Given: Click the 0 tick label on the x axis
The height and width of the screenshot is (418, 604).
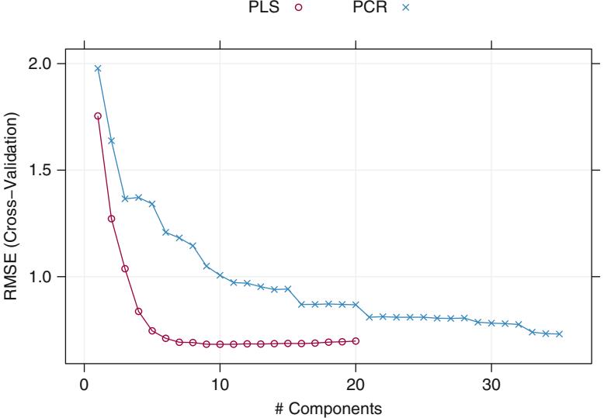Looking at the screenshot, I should [x=85, y=385].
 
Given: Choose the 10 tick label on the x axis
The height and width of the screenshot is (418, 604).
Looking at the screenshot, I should [x=220, y=385].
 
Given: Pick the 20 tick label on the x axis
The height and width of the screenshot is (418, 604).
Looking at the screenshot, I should [x=356, y=385].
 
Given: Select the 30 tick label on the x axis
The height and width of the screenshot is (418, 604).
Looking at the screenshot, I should [x=491, y=385].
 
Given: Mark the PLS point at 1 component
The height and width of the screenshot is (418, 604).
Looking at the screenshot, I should [x=98, y=116].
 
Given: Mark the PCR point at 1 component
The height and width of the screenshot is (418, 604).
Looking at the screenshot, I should [x=98, y=68].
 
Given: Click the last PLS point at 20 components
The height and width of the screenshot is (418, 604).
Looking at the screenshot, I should [x=356, y=340].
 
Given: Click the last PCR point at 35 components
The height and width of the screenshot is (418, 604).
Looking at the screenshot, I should [x=559, y=334].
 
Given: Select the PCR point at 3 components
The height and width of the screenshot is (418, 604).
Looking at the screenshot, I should [x=125, y=199].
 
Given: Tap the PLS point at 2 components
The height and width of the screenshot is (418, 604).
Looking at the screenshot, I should [x=111, y=219].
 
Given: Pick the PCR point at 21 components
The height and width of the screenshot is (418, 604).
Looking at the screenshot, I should [x=370, y=317].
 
